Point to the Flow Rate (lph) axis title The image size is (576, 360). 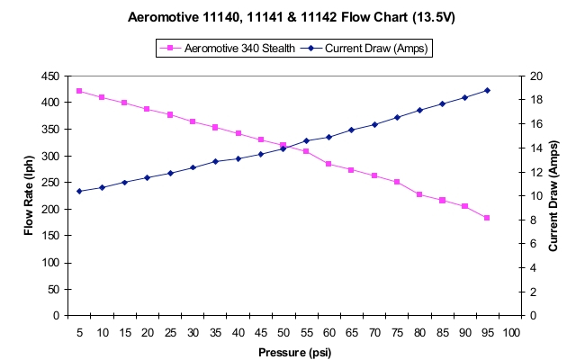(x=30, y=196)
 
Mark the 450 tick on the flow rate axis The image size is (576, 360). (x=51, y=76)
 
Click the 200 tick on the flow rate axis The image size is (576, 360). (x=51, y=210)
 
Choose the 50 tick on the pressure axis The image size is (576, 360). (x=283, y=332)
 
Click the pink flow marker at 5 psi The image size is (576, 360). (x=79, y=91)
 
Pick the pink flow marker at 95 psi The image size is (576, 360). (x=487, y=218)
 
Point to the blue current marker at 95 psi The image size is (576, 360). (x=487, y=90)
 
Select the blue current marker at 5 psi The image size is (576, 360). (x=79, y=191)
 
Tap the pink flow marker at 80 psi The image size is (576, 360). (x=419, y=194)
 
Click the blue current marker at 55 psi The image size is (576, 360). (x=306, y=140)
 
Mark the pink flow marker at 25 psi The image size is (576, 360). (x=170, y=114)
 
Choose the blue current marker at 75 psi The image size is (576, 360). (x=397, y=117)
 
